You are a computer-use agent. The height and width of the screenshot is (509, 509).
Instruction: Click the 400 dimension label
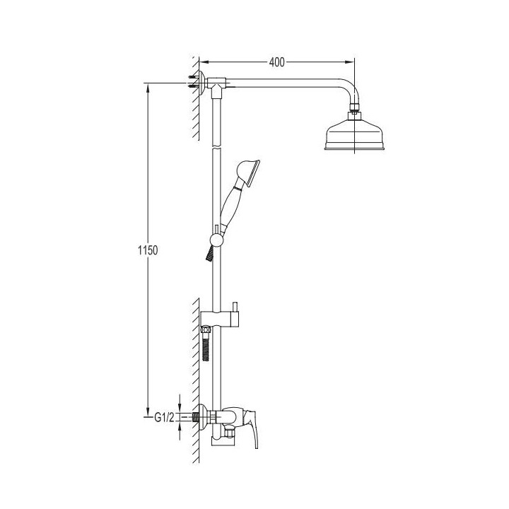[x=276, y=62]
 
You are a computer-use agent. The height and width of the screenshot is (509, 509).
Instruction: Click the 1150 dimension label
[x=148, y=250]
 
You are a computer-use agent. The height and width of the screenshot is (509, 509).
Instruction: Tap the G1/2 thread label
[x=164, y=417]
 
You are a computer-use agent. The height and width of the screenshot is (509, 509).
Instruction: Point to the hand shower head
[x=248, y=173]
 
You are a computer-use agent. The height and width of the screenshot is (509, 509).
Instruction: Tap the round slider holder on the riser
[x=216, y=240]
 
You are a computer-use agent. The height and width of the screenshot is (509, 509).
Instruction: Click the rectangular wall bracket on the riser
[x=220, y=319]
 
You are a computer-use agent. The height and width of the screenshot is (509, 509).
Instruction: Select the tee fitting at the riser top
[x=216, y=86]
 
